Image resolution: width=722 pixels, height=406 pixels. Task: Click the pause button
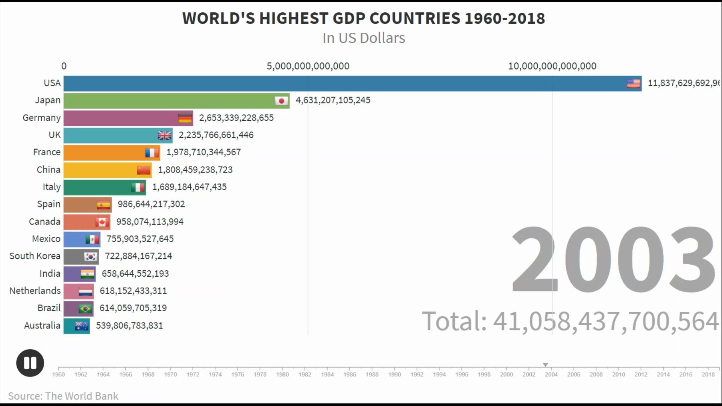click(x=30, y=363)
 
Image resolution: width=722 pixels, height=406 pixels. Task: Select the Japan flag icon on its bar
click(x=281, y=101)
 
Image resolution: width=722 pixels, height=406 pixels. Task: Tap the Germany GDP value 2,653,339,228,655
click(x=236, y=118)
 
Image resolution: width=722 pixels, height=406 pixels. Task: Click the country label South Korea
click(x=35, y=256)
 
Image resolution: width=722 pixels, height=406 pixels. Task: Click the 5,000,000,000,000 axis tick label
click(x=308, y=66)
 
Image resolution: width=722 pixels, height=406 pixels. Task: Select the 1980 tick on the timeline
click(x=282, y=374)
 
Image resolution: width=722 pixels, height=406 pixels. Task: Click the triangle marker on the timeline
click(x=545, y=365)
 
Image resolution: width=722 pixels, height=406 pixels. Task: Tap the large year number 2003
click(x=613, y=259)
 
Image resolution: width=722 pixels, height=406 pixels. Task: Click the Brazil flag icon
click(x=85, y=309)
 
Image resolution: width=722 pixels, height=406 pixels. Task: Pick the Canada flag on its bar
click(x=102, y=222)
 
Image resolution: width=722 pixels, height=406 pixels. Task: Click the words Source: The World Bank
click(x=63, y=396)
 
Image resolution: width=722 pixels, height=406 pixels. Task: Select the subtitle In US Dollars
click(x=364, y=38)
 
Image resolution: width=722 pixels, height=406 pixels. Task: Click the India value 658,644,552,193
click(x=135, y=274)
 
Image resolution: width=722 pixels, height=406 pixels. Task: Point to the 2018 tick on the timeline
click(x=708, y=374)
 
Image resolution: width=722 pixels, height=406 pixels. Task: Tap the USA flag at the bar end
click(x=633, y=83)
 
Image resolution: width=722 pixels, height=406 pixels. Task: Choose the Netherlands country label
click(x=35, y=291)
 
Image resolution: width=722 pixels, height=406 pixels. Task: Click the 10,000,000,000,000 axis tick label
click(x=552, y=66)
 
